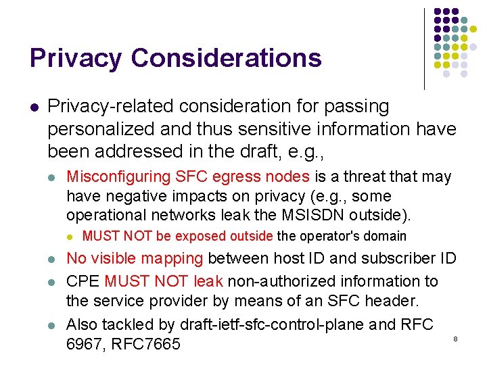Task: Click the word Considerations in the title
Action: pyautogui.click(x=227, y=58)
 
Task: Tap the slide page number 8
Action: pyautogui.click(x=455, y=338)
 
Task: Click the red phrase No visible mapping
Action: pyautogui.click(x=135, y=259)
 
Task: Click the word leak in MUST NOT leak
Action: pyautogui.click(x=208, y=281)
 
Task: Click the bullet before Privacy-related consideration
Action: pyautogui.click(x=34, y=107)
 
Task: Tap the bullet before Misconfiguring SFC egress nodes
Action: pyautogui.click(x=52, y=178)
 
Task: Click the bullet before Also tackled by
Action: pyautogui.click(x=52, y=325)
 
